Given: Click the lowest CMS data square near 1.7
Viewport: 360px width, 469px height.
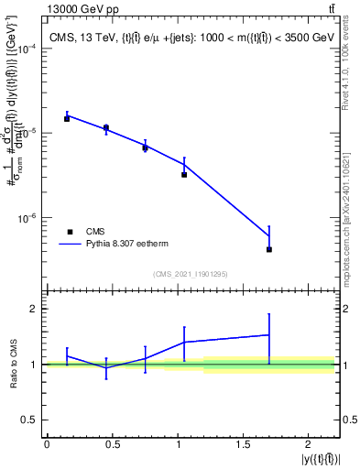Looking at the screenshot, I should pyautogui.click(x=269, y=249).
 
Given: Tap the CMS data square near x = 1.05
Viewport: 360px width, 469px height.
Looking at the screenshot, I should pyautogui.click(x=184, y=174).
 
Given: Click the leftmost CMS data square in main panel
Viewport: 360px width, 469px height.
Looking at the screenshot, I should pyautogui.click(x=67, y=119).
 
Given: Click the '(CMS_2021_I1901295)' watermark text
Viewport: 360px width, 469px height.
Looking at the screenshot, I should pyautogui.click(x=191, y=273).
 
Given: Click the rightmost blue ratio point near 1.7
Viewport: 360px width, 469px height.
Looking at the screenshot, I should pyautogui.click(x=269, y=335).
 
